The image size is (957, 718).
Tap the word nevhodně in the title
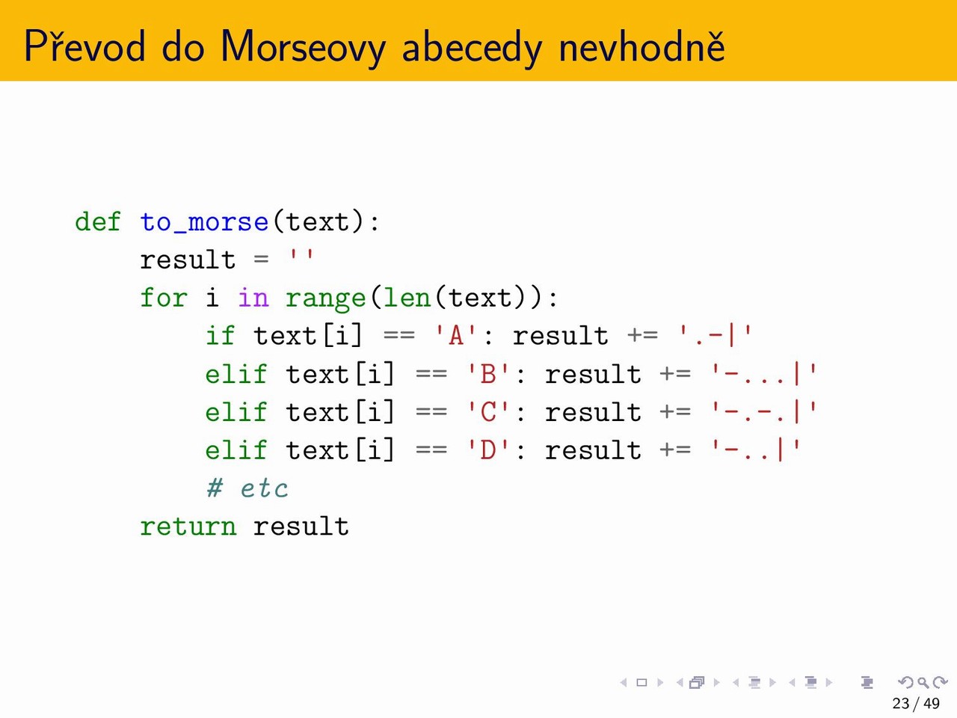[641, 46]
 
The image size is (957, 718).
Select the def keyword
[98, 221]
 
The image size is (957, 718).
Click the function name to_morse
[204, 223]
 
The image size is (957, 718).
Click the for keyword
[164, 298]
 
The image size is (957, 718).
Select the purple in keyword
[253, 298]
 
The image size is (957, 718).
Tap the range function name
[325, 299]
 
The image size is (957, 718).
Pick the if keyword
[220, 336]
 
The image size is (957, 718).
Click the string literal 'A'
[456, 336]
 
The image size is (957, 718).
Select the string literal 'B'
[488, 374]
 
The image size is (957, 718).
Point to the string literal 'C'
[488, 412]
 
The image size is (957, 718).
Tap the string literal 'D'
[488, 450]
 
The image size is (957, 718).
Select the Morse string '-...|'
[763, 374]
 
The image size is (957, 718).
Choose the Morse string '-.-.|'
[763, 412]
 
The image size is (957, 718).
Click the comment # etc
[247, 488]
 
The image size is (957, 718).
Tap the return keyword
[188, 527]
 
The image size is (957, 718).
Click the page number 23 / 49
[916, 703]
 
